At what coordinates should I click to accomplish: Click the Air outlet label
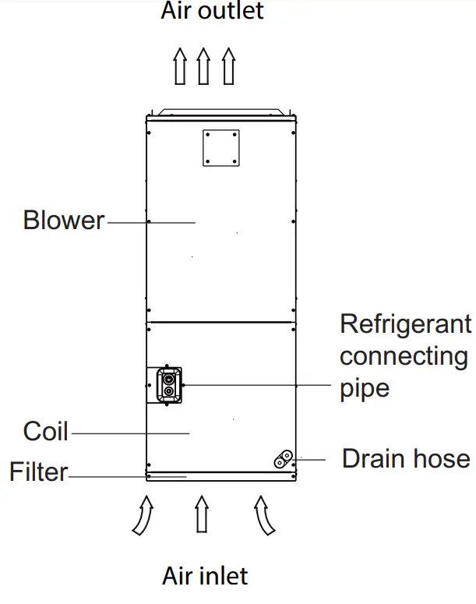[x=212, y=11]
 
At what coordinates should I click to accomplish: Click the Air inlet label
[x=205, y=576]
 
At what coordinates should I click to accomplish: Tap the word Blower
[x=63, y=221]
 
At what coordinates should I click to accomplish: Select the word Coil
[x=46, y=431]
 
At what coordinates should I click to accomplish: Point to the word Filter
[x=39, y=472]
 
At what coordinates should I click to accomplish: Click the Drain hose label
[x=405, y=458]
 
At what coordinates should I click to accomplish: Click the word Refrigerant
[x=405, y=323]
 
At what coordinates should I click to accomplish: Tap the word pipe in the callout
[x=365, y=388]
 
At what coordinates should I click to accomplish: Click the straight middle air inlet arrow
[x=202, y=514]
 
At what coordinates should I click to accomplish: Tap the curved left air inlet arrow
[x=143, y=514]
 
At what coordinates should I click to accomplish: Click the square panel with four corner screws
[x=220, y=148]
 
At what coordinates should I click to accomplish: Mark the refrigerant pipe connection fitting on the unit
[x=167, y=385]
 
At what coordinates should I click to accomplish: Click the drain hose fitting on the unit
[x=284, y=459]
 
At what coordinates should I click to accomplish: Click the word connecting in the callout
[x=404, y=356]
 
